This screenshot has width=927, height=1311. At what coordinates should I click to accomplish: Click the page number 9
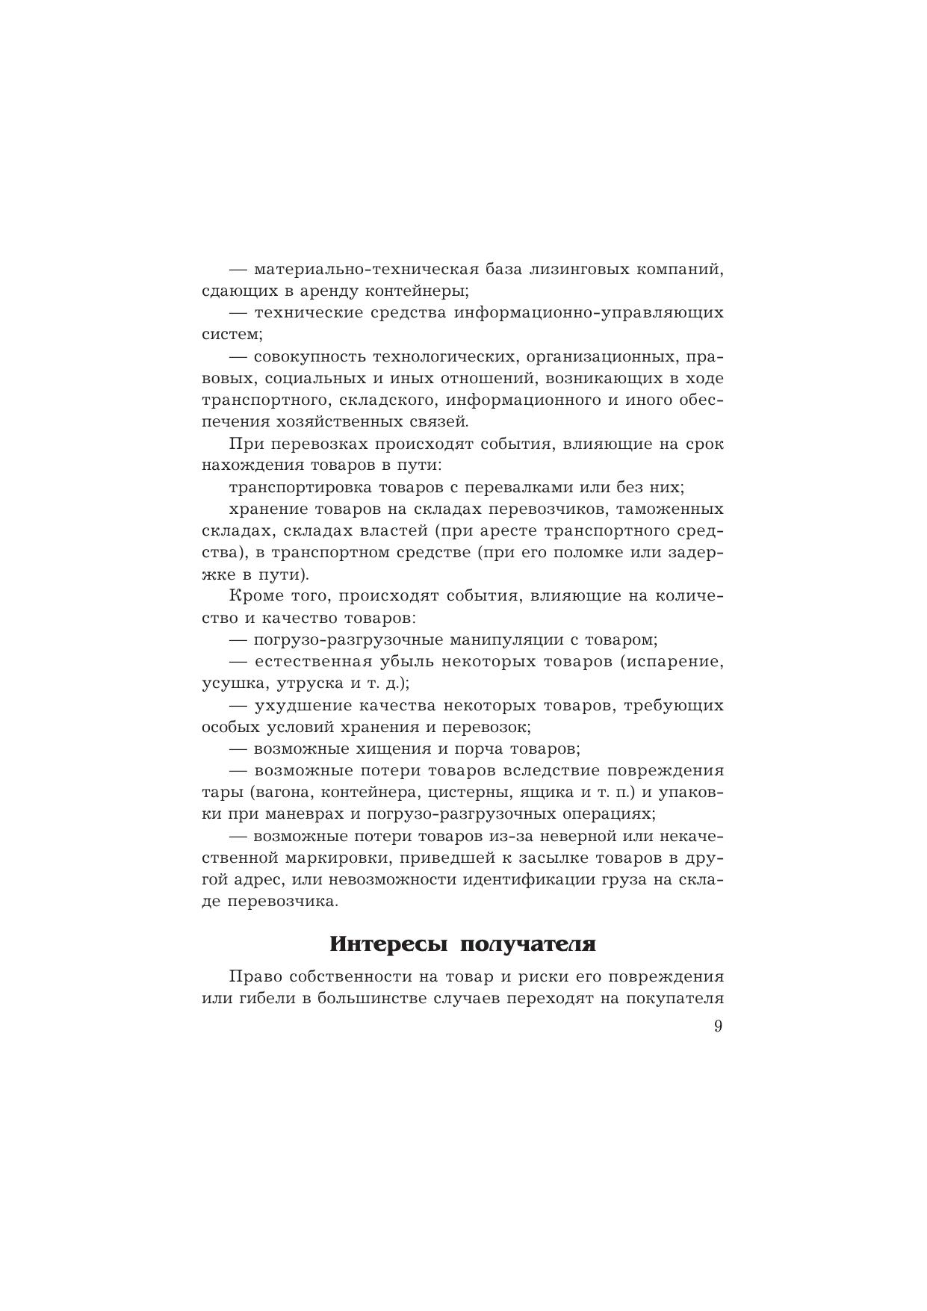(718, 1026)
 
